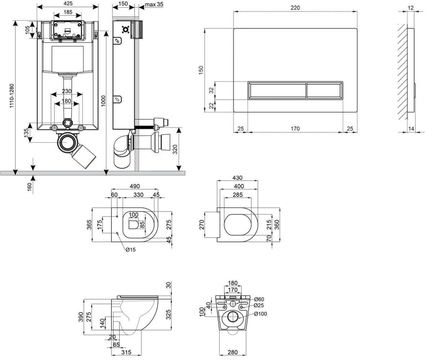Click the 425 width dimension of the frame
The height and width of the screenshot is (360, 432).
click(68, 3)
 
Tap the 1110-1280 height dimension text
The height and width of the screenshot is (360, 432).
click(12, 96)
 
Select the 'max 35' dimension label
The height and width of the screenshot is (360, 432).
click(154, 4)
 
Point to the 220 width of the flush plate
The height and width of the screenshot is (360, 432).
click(295, 8)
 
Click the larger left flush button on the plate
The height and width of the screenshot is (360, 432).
click(277, 90)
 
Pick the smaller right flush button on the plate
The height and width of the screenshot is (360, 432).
click(324, 90)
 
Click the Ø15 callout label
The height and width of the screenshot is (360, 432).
click(131, 250)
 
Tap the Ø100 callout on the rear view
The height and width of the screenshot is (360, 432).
click(261, 314)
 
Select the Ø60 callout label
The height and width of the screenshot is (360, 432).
click(259, 299)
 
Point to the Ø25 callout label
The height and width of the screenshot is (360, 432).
click(259, 305)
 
